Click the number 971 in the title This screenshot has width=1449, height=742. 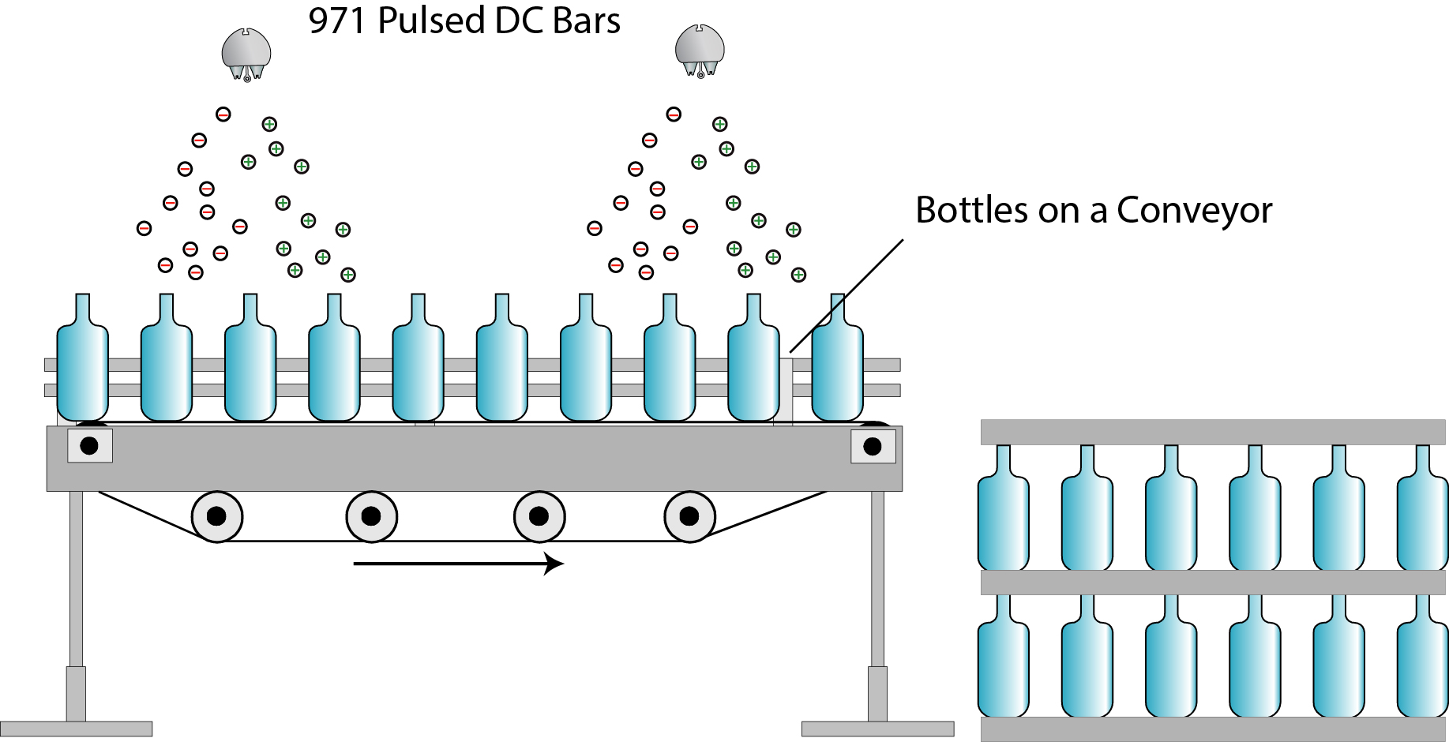pyautogui.click(x=338, y=21)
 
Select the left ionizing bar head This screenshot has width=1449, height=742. pyautogui.click(x=246, y=54)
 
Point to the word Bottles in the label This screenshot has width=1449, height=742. pyautogui.click(x=971, y=210)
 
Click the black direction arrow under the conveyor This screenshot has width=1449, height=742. pyautogui.click(x=458, y=564)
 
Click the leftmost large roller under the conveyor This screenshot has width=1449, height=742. pyautogui.click(x=216, y=517)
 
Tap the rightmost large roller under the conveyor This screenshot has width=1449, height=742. pyautogui.click(x=689, y=517)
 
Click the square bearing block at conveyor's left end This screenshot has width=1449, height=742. pyautogui.click(x=89, y=446)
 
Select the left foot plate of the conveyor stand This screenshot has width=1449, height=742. pyautogui.click(x=76, y=729)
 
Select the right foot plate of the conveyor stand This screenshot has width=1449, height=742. pyautogui.click(x=877, y=729)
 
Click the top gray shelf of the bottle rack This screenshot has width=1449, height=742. pyautogui.click(x=1213, y=432)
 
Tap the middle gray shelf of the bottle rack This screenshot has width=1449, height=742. pyautogui.click(x=1213, y=583)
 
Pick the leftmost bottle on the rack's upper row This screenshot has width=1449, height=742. pyautogui.click(x=1003, y=513)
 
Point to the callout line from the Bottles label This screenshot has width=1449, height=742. pyautogui.click(x=847, y=296)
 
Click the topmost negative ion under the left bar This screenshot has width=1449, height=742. pyautogui.click(x=223, y=114)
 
